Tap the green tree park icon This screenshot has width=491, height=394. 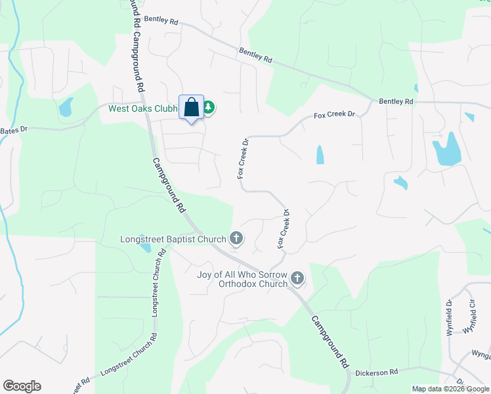pyautogui.click(x=209, y=107)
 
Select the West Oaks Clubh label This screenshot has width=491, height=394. pyautogui.click(x=143, y=109)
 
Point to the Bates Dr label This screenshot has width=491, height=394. pyautogui.click(x=14, y=130)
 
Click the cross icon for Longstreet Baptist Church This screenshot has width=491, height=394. pyautogui.click(x=236, y=239)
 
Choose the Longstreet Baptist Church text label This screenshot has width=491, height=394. pyautogui.click(x=173, y=239)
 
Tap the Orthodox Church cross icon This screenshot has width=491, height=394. pyautogui.click(x=297, y=279)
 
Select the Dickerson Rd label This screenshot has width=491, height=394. pyautogui.click(x=377, y=372)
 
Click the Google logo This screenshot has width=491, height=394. pyautogui.click(x=22, y=386)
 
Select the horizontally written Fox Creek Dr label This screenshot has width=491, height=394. pyautogui.click(x=334, y=115)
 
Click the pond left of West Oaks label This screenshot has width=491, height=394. pyautogui.click(x=66, y=107)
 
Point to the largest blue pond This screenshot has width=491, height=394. pyautogui.click(x=446, y=150)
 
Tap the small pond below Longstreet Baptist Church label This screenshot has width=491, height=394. pyautogui.click(x=145, y=248)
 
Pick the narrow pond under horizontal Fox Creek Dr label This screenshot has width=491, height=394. pyautogui.click(x=320, y=154)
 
